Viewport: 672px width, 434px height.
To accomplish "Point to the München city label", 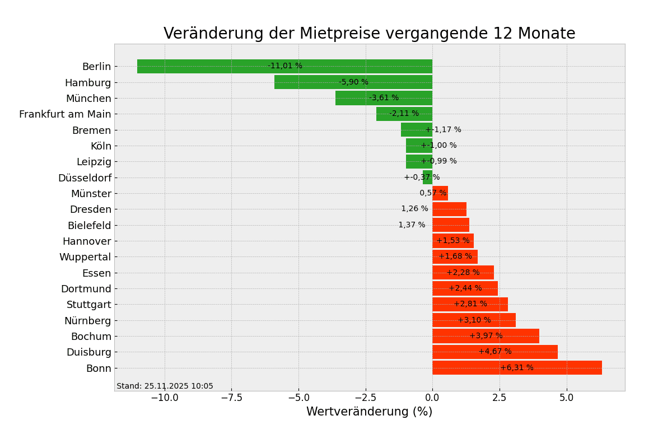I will coord(88,99).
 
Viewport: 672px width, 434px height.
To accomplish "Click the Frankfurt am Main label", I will coord(65,114).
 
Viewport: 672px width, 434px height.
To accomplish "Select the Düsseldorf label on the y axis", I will coord(85,178).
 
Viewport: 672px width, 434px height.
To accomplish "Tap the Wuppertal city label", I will coord(85,257).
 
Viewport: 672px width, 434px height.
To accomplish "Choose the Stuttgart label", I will coord(89,305).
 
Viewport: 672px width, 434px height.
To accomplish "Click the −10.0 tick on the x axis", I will coord(164,398).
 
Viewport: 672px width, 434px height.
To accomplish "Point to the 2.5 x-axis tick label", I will coord(500,398).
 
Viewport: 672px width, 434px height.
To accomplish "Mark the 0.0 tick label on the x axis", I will coord(432,398).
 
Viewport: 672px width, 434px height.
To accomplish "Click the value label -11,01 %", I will coord(285,66).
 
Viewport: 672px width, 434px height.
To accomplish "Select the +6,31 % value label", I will coord(517,368).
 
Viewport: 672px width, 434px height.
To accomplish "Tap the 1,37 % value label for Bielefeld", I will coord(412,225).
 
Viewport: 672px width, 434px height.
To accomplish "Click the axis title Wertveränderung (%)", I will coord(369,412).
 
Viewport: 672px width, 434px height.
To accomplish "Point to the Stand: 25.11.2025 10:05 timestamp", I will coord(165,386).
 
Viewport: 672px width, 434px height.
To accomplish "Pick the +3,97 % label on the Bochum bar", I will coord(486,336).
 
